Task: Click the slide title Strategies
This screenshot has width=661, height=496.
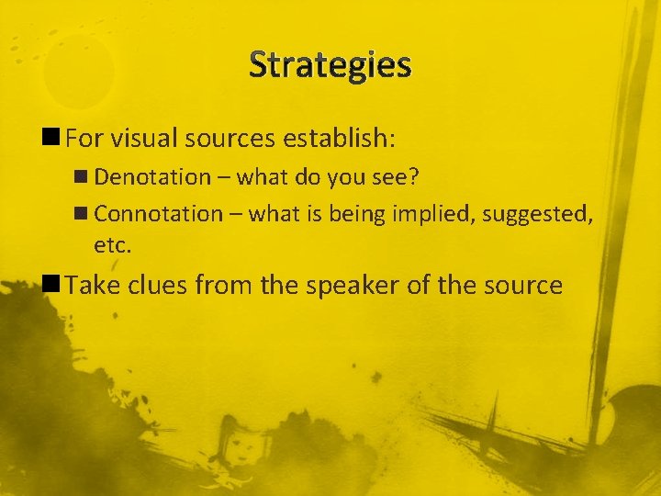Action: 330,65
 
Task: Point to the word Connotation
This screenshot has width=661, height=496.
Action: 159,214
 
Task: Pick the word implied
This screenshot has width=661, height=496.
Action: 428,214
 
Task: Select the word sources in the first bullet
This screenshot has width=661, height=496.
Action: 230,140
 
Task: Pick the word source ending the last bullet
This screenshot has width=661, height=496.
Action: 519,287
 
